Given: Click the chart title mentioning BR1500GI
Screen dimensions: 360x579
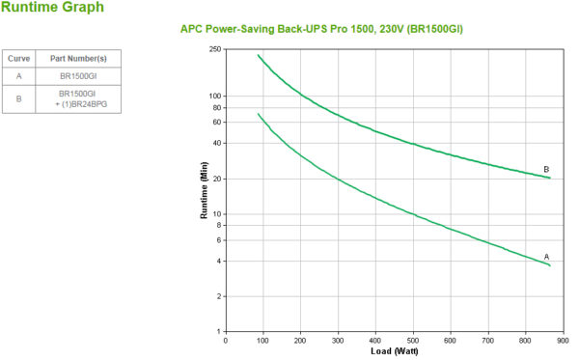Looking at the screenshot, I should click(x=321, y=29).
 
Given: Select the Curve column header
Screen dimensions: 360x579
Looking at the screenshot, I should click(x=18, y=58).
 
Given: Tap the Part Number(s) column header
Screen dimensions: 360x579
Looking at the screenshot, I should click(x=78, y=58).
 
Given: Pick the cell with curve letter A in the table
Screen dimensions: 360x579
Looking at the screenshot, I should click(x=18, y=74).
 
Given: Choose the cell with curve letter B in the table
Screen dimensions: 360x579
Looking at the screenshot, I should click(x=18, y=97).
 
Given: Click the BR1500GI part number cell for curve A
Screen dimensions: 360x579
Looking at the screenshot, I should click(x=78, y=74).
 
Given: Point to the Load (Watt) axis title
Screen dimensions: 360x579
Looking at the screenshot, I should click(x=395, y=351).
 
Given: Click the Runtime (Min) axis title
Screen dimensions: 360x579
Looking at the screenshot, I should click(x=205, y=190).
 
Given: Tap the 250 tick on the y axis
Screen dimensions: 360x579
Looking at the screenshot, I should click(x=215, y=48).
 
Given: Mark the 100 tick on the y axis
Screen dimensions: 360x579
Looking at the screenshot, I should click(x=215, y=96).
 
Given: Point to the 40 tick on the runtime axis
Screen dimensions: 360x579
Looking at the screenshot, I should click(x=217, y=143).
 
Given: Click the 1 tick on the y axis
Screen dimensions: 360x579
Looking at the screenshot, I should click(x=219, y=332).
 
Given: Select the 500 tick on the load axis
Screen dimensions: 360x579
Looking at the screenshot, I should click(x=413, y=340).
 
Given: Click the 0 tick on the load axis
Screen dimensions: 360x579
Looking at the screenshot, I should click(x=226, y=340).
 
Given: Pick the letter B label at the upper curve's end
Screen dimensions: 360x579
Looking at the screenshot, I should click(x=546, y=169).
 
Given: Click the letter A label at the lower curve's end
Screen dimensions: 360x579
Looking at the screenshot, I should click(x=546, y=256).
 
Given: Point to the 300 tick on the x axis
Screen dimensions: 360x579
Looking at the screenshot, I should click(x=338, y=340).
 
